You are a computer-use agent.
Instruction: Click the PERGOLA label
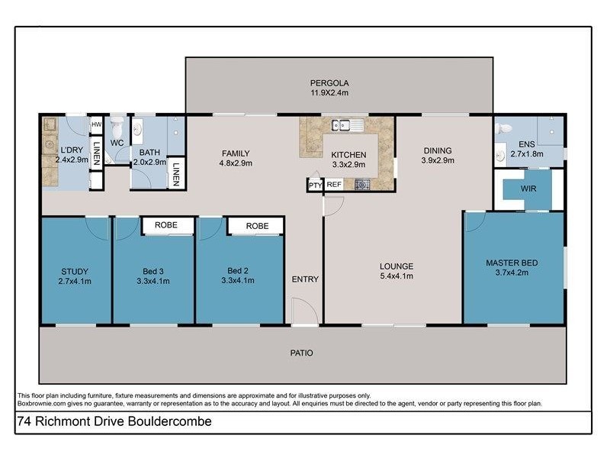329,82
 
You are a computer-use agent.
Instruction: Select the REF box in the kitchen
334,184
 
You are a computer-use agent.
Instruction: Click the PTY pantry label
315,185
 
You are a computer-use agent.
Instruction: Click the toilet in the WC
117,127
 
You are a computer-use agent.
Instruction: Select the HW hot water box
97,124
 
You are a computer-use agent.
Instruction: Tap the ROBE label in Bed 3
167,226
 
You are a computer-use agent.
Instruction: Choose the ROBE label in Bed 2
257,226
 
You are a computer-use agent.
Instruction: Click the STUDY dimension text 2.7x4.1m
75,281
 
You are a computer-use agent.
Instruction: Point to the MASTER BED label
512,263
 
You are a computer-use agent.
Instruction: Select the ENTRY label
305,279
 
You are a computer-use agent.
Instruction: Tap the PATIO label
300,353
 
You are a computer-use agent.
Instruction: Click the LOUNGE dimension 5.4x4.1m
396,276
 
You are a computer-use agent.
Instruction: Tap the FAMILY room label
236,152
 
